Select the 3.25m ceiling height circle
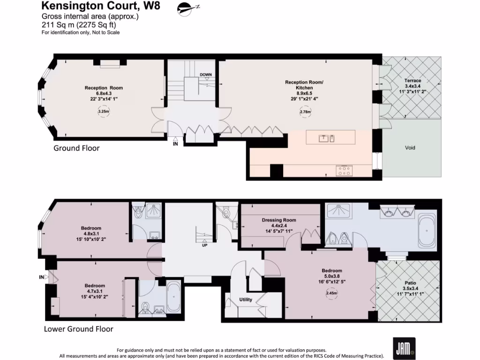click(103, 112)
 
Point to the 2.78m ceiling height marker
click(305, 112)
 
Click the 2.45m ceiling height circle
click(332, 293)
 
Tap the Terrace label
click(412, 81)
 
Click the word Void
click(410, 148)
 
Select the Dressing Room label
click(279, 220)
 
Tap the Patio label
click(409, 283)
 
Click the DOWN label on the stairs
click(205, 75)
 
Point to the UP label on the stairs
click(204, 245)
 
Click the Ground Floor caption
click(76, 148)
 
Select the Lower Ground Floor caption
click(78, 329)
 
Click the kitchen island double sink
click(326, 138)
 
